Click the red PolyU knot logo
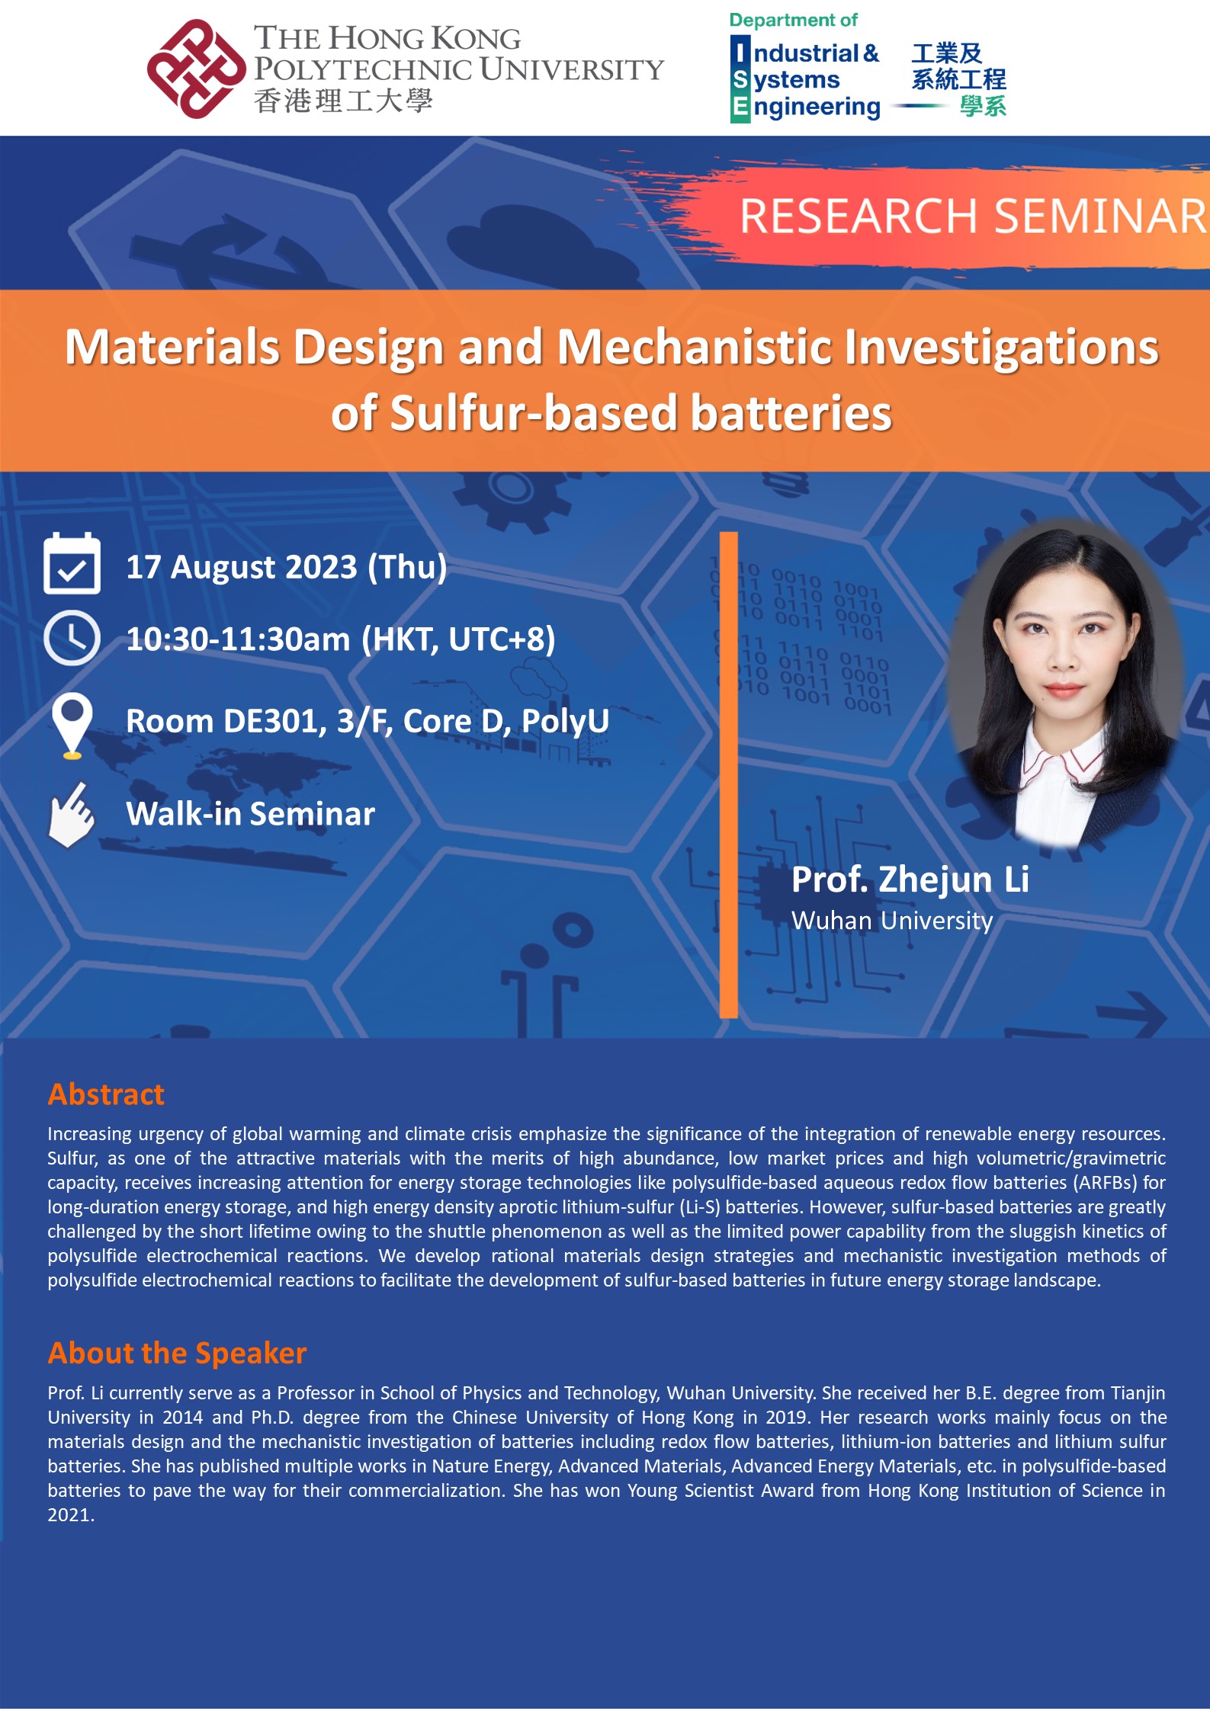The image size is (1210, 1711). click(196, 69)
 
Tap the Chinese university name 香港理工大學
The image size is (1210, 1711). click(343, 101)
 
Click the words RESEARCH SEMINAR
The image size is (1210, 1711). click(972, 216)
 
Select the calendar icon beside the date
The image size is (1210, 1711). click(72, 564)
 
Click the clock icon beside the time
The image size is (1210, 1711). click(72, 638)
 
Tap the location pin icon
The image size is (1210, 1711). click(72, 724)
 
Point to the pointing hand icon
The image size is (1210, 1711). click(71, 815)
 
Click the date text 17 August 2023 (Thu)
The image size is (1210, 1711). click(286, 567)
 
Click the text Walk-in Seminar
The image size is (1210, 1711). click(250, 814)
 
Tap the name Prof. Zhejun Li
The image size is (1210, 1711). click(910, 880)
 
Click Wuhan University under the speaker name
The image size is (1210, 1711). click(891, 921)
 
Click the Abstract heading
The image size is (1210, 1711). click(106, 1094)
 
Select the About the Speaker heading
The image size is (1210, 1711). click(177, 1353)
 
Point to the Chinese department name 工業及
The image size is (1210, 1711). click(946, 53)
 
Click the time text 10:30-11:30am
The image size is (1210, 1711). click(238, 639)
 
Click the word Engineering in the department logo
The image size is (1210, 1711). click(816, 107)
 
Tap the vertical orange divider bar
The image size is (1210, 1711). click(728, 774)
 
